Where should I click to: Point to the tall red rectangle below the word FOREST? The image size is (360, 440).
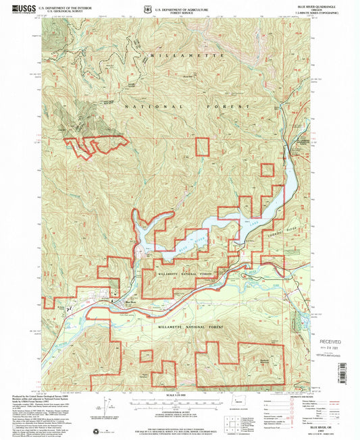[x=203, y=148]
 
